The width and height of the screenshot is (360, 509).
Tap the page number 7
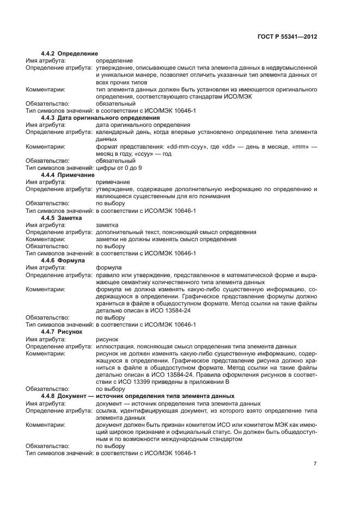(x=315, y=464)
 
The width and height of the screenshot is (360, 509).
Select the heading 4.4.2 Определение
(x=69, y=54)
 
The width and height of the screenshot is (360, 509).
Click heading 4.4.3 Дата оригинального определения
(x=100, y=118)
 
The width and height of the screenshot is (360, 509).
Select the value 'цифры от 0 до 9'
(x=119, y=168)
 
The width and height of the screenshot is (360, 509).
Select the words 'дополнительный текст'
(x=127, y=232)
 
